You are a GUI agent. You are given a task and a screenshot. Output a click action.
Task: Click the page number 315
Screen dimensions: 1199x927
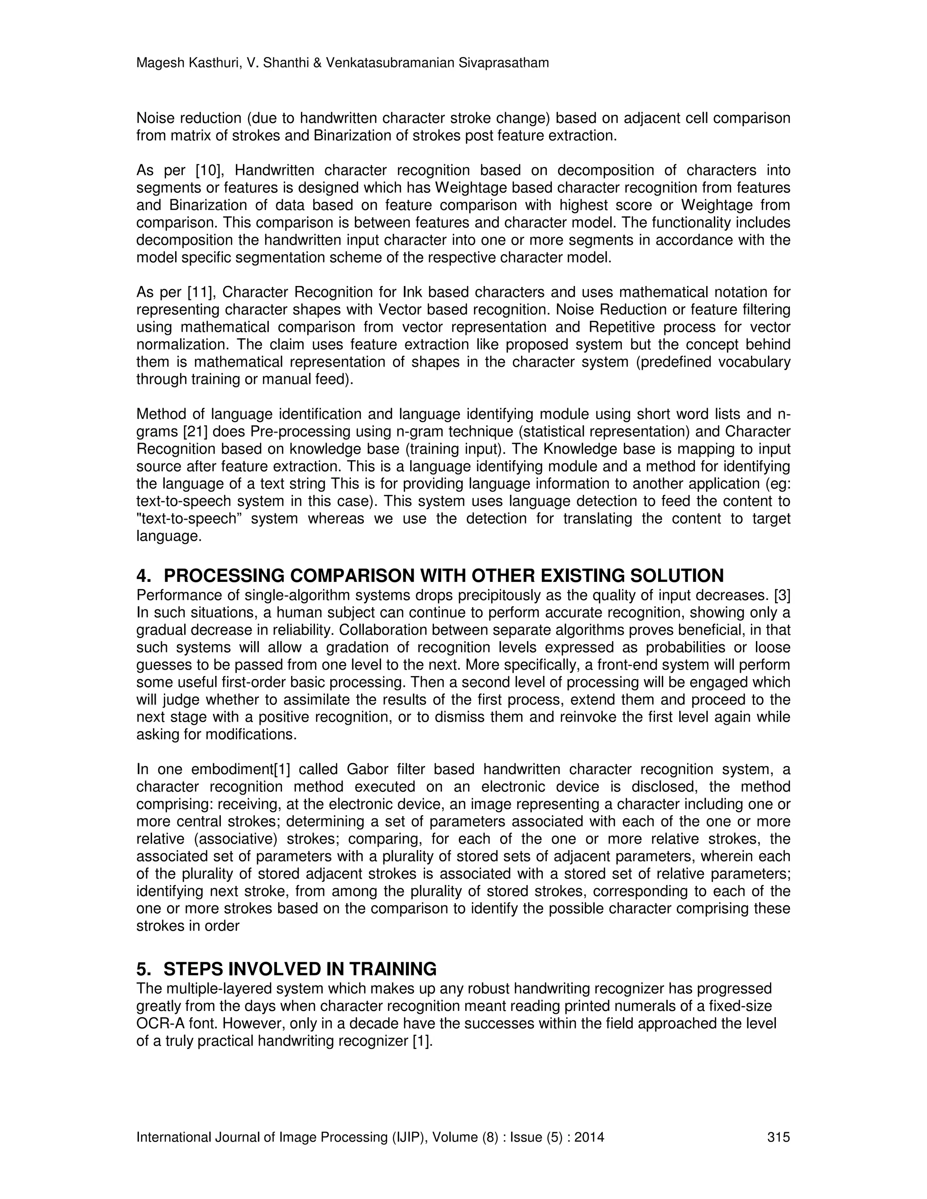click(x=778, y=1137)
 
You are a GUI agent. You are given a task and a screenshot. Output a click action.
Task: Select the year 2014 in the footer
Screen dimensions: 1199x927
click(x=590, y=1137)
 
